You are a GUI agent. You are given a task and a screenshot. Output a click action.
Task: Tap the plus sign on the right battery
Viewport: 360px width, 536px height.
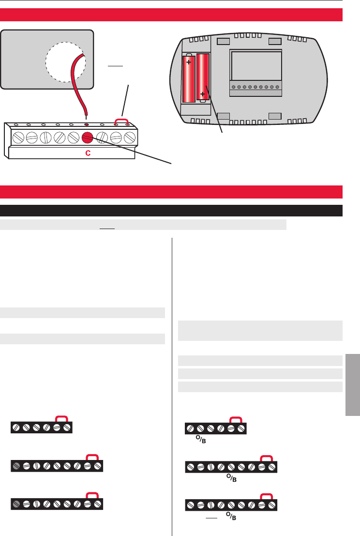pos(202,94)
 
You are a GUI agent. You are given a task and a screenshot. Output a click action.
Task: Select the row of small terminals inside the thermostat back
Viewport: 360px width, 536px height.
pos(255,88)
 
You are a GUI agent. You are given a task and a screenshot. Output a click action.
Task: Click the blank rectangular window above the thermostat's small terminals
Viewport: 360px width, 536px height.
pos(256,66)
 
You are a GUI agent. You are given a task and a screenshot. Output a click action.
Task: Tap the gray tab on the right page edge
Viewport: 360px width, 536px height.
pos(353,383)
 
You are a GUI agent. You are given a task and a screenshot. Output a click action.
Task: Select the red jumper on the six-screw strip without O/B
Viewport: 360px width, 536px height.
pos(61,418)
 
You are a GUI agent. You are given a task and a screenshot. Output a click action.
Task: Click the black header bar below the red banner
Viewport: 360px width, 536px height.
pos(171,211)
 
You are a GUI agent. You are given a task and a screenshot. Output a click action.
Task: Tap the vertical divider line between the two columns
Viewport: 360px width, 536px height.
pos(172,383)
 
